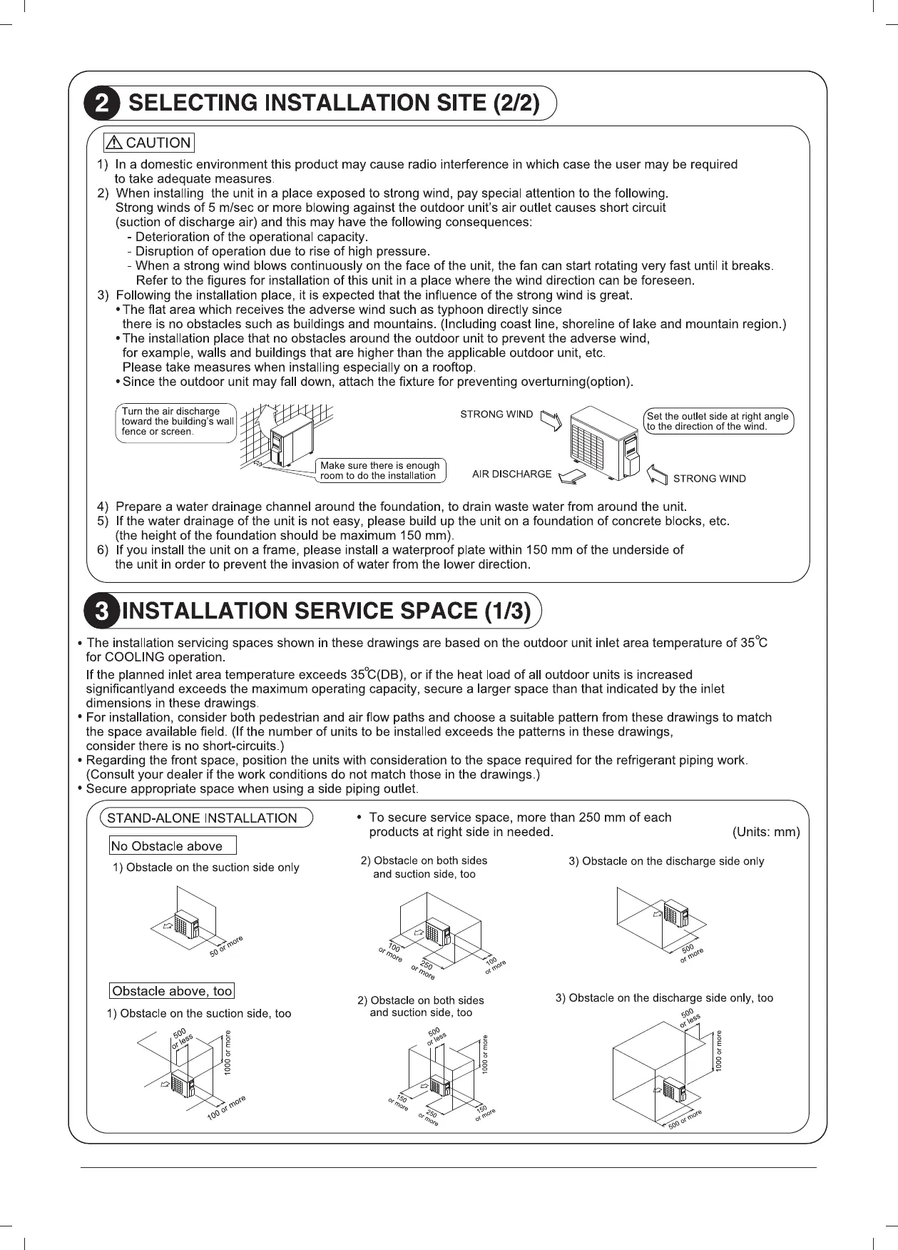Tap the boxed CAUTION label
pyautogui.click(x=148, y=143)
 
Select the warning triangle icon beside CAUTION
pyautogui.click(x=114, y=143)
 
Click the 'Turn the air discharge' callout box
pyautogui.click(x=175, y=422)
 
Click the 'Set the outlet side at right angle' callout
pyautogui.click(x=718, y=422)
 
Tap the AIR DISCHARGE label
pyautogui.click(x=511, y=474)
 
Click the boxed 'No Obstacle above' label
pyautogui.click(x=172, y=846)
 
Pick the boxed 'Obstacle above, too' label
pyautogui.click(x=172, y=991)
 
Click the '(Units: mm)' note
pyautogui.click(x=766, y=832)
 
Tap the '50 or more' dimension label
pyautogui.click(x=226, y=946)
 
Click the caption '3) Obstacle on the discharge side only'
pyautogui.click(x=665, y=861)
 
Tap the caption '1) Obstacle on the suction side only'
pyautogui.click(x=205, y=868)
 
